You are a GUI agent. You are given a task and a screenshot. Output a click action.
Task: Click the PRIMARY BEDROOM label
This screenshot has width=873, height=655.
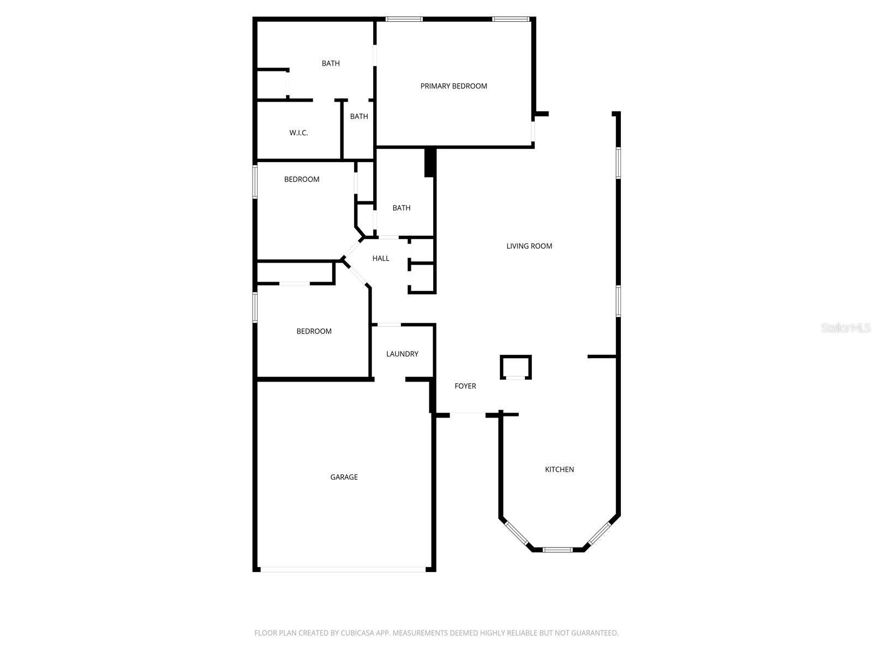pyautogui.click(x=453, y=86)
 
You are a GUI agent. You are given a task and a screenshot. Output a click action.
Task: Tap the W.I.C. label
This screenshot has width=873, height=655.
pyautogui.click(x=298, y=133)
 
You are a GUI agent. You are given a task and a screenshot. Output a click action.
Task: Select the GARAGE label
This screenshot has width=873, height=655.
pyautogui.click(x=344, y=477)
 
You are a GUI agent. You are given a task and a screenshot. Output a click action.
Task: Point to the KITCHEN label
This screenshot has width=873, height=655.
pyautogui.click(x=559, y=469)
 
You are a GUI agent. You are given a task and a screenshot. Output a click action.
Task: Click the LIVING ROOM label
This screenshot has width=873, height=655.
pyautogui.click(x=529, y=246)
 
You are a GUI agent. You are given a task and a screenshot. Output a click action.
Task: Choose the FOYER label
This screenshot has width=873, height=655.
pyautogui.click(x=465, y=386)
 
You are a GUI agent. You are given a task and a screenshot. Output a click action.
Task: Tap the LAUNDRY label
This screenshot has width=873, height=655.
pyautogui.click(x=402, y=354)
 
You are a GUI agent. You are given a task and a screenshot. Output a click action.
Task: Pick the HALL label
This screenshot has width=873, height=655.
pyautogui.click(x=381, y=258)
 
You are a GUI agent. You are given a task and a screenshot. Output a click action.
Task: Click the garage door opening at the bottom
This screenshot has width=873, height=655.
pyautogui.click(x=343, y=569)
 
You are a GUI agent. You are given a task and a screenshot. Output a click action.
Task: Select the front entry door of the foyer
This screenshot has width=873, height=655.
pyautogui.click(x=468, y=414)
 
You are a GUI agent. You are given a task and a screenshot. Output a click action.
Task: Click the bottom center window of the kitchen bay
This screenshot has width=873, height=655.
pyautogui.click(x=558, y=550)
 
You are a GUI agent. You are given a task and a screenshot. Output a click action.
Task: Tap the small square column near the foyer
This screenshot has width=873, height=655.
pyautogui.click(x=516, y=367)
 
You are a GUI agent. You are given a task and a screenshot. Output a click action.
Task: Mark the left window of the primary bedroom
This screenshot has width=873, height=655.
pyautogui.click(x=404, y=19)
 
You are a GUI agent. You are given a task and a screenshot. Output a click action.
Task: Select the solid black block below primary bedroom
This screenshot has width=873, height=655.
pyautogui.click(x=430, y=162)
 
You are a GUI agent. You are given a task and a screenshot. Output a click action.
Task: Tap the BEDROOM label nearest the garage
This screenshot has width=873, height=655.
pyautogui.click(x=314, y=331)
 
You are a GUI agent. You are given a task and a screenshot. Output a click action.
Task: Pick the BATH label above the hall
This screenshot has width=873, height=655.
pyautogui.click(x=402, y=208)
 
